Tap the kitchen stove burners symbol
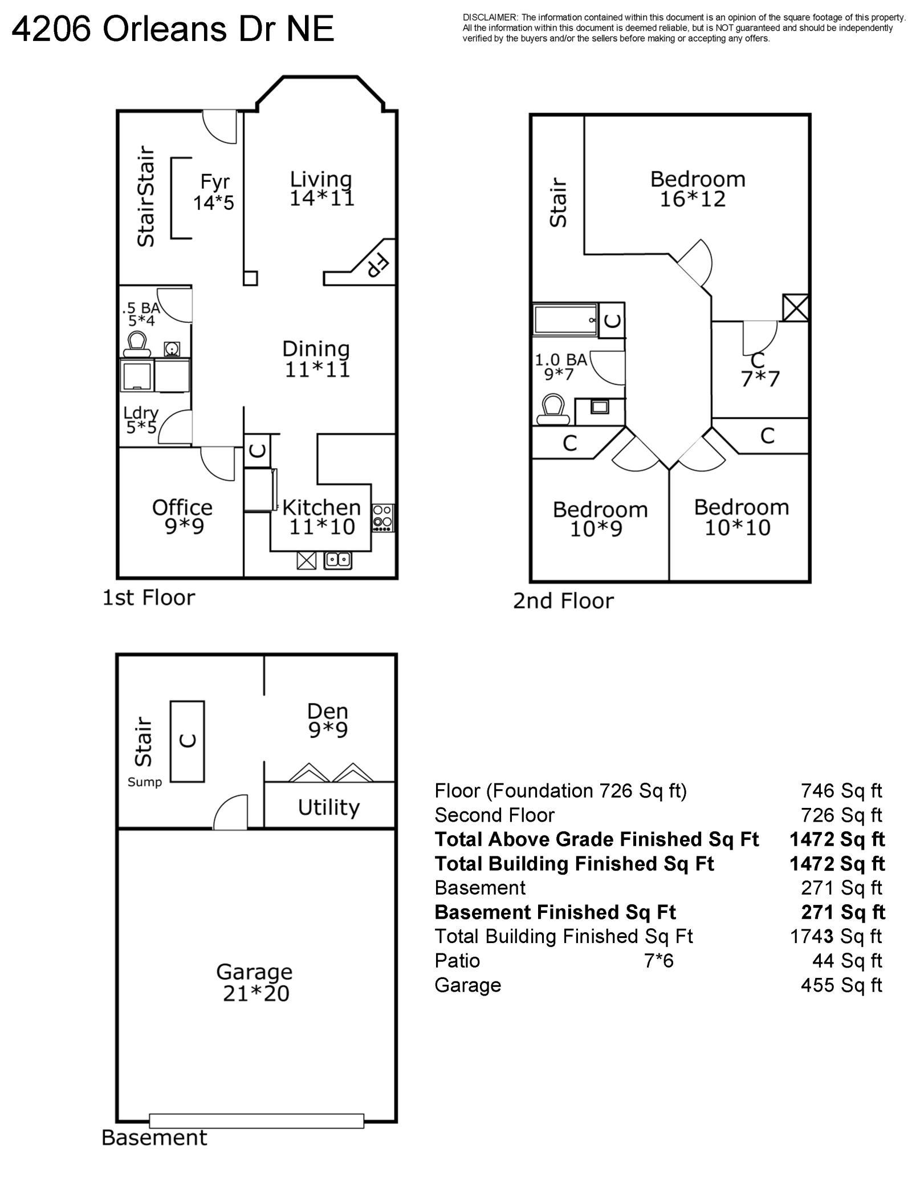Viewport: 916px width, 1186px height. coord(382,518)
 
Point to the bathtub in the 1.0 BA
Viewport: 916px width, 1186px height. coord(566,320)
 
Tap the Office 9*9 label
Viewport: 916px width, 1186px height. coord(182,517)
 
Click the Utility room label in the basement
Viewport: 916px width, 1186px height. coord(329,808)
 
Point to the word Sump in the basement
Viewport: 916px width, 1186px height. coord(145,782)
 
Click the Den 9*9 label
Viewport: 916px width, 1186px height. coord(328,720)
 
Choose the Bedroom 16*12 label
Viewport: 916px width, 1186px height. coord(697,189)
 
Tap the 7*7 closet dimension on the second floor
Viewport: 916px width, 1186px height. coord(760,379)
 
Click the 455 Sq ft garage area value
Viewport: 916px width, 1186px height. coord(841,985)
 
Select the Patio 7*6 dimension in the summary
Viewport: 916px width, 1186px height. coord(659,961)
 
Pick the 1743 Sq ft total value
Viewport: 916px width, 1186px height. coord(836,936)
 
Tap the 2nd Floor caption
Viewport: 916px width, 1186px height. coord(563,601)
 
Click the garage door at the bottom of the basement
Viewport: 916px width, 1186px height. coord(257,1120)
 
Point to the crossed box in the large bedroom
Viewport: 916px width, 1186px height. coord(795,307)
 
